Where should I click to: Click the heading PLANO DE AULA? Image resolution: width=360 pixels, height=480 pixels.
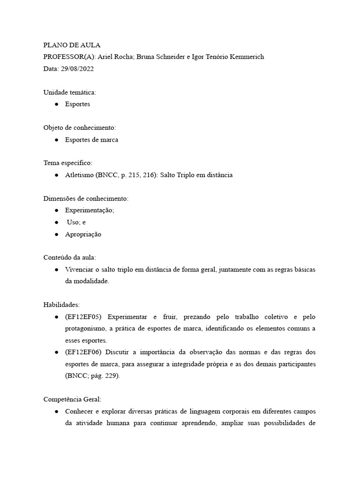(x=72, y=45)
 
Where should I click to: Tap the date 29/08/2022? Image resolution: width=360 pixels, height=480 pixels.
(x=78, y=68)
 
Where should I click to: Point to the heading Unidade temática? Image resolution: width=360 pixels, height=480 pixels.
(x=69, y=92)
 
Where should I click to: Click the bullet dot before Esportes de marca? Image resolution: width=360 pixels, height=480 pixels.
(x=56, y=140)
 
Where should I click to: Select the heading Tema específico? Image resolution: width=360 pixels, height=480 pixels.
(x=68, y=163)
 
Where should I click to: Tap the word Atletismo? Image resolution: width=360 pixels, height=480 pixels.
(x=80, y=175)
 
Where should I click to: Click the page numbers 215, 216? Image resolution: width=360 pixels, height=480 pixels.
(x=136, y=175)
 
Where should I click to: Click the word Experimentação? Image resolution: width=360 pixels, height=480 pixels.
(x=90, y=210)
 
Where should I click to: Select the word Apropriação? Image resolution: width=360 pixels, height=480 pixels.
(x=83, y=234)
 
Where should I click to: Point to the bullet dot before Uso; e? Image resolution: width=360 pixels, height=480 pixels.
(x=56, y=222)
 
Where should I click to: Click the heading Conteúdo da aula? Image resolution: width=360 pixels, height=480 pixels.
(x=69, y=258)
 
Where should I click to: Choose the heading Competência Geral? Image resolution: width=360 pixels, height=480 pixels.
(x=72, y=399)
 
